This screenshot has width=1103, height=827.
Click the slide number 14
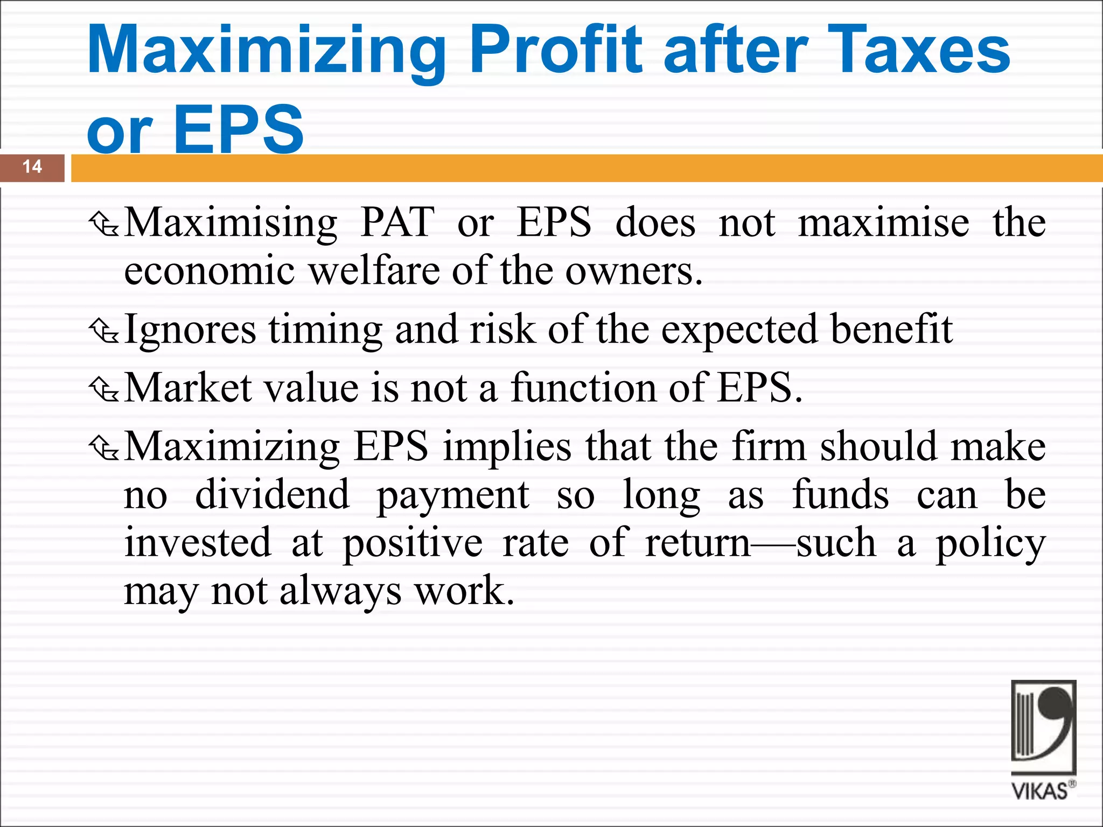(32, 167)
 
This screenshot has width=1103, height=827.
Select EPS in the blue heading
(239, 130)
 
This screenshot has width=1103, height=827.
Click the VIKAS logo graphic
(1043, 727)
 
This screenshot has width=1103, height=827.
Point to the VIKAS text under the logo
(1040, 791)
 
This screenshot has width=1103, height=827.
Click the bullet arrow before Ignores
(104, 331)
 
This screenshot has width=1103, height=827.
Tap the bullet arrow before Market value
(104, 389)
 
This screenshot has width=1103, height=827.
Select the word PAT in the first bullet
(397, 222)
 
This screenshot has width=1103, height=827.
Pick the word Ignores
(190, 330)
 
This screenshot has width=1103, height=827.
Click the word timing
(325, 330)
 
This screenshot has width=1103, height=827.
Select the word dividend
(272, 495)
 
